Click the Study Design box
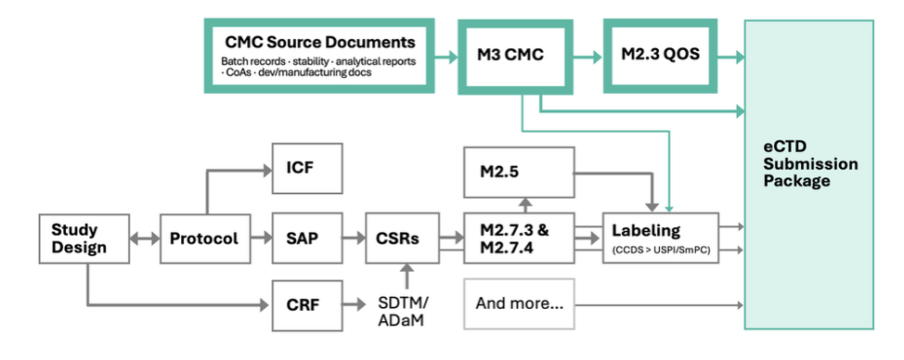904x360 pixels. (84, 238)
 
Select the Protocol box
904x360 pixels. (205, 238)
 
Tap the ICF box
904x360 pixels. (307, 168)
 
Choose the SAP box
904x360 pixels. (307, 238)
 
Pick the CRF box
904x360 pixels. (307, 305)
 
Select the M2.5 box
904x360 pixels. (519, 173)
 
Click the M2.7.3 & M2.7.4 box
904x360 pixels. (519, 238)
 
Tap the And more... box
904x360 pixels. (519, 304)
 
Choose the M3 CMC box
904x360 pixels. (515, 57)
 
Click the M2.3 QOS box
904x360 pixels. (660, 56)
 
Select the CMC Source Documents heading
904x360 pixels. (320, 42)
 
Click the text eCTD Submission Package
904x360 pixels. (810, 164)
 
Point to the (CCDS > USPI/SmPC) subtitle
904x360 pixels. (661, 251)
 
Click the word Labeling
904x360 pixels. (646, 231)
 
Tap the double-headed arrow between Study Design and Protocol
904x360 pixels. (145, 238)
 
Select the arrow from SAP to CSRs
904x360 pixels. (354, 238)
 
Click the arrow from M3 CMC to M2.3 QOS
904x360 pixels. (588, 57)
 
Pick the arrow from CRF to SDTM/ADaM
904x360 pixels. (354, 304)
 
